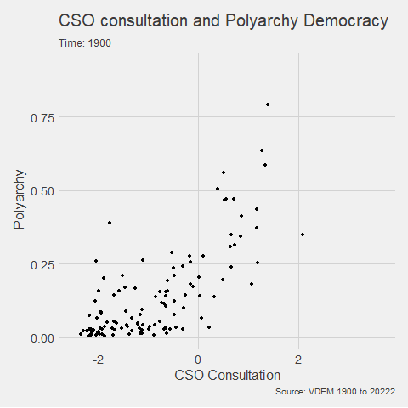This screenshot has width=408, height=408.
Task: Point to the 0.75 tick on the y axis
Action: click(42, 118)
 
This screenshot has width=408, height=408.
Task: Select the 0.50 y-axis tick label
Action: click(42, 191)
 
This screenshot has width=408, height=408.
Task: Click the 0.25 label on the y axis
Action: click(42, 264)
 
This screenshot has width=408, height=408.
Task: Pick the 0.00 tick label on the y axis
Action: click(42, 337)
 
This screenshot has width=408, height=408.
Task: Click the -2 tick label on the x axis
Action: click(99, 358)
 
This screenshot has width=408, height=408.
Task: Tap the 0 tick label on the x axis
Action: click(199, 358)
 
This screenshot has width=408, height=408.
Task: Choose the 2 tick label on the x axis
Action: click(298, 358)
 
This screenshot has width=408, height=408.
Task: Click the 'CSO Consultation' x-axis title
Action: click(227, 374)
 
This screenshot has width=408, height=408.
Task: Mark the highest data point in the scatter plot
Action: click(268, 105)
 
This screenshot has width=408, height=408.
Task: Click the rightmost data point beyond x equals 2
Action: click(302, 235)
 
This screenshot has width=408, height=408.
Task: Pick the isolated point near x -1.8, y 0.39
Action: click(109, 223)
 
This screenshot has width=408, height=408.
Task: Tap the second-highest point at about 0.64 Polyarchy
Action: click(262, 150)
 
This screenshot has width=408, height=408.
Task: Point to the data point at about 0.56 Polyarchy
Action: click(224, 173)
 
